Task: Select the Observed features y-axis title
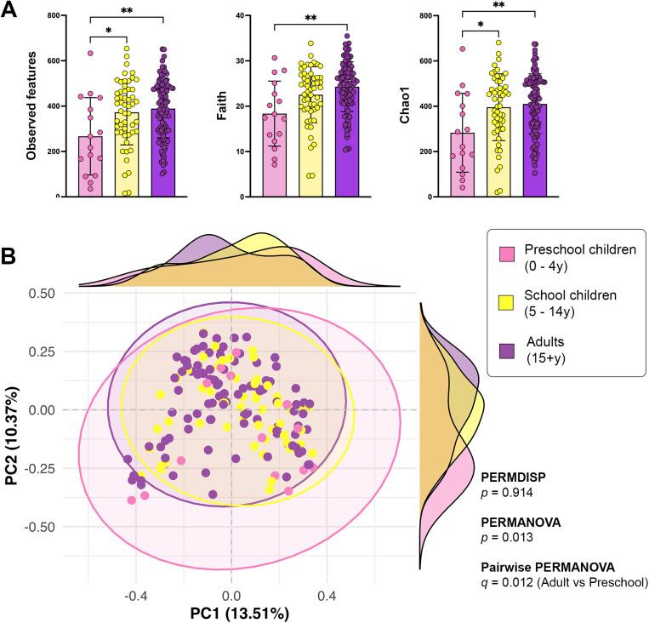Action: coord(31,107)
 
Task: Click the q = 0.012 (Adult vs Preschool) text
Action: coord(563,583)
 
